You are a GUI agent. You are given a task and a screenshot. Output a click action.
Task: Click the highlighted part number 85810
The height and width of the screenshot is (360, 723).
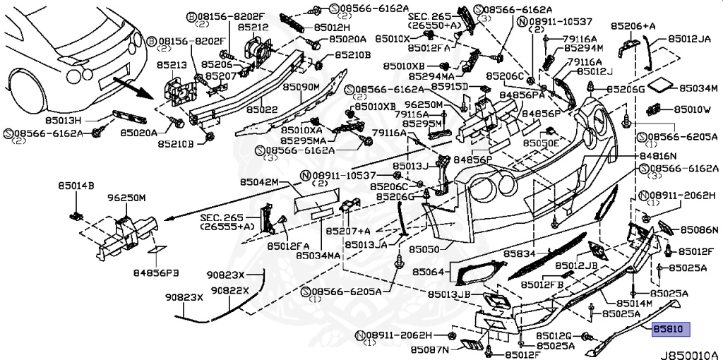[x=669, y=329]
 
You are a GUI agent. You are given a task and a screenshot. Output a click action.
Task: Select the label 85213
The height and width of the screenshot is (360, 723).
[x=172, y=66]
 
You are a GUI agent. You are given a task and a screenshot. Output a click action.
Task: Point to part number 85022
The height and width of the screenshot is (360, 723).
[x=262, y=110]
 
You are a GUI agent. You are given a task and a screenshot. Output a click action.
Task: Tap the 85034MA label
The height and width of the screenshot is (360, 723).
[x=319, y=255]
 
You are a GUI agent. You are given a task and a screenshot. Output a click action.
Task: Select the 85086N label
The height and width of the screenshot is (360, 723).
[x=700, y=230]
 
